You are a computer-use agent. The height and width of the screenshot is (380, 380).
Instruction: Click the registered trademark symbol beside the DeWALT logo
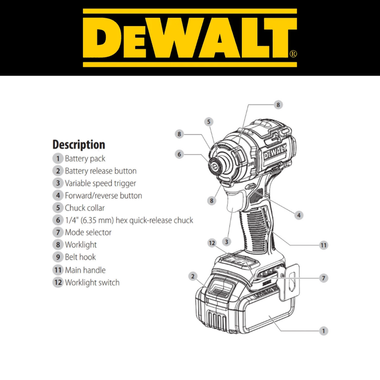coord(293,53)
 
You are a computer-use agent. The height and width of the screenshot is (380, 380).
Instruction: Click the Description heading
coord(79,145)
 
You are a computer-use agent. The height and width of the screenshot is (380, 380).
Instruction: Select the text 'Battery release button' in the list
coord(101,171)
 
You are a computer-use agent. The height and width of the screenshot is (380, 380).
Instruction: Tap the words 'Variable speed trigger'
coord(100,183)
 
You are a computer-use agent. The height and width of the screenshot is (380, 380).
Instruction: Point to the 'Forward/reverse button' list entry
coord(104,196)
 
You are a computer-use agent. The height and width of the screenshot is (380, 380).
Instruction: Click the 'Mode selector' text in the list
coord(88,232)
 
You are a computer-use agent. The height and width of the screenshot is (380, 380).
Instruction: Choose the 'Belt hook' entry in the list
coord(80,257)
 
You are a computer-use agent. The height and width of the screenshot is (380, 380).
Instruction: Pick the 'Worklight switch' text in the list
coord(92,282)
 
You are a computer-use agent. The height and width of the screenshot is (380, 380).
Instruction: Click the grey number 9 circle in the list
coord(58,257)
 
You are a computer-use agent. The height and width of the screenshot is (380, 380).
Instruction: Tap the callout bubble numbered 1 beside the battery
coord(323,331)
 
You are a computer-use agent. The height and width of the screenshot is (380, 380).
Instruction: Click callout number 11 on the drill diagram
coord(324,245)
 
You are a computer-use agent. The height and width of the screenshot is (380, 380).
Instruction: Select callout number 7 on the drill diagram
coord(324,278)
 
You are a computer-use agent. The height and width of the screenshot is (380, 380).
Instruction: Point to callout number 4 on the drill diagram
coord(299,215)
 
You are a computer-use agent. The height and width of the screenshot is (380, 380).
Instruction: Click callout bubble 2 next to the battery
coord(193,276)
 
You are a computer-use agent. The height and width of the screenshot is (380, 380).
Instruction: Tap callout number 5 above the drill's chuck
coord(209,122)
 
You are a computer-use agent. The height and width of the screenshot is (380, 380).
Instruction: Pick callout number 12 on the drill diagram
coord(212,243)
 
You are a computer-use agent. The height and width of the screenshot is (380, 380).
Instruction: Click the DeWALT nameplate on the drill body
coord(275,152)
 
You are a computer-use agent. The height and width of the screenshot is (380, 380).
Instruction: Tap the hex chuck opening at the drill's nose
coord(215,166)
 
